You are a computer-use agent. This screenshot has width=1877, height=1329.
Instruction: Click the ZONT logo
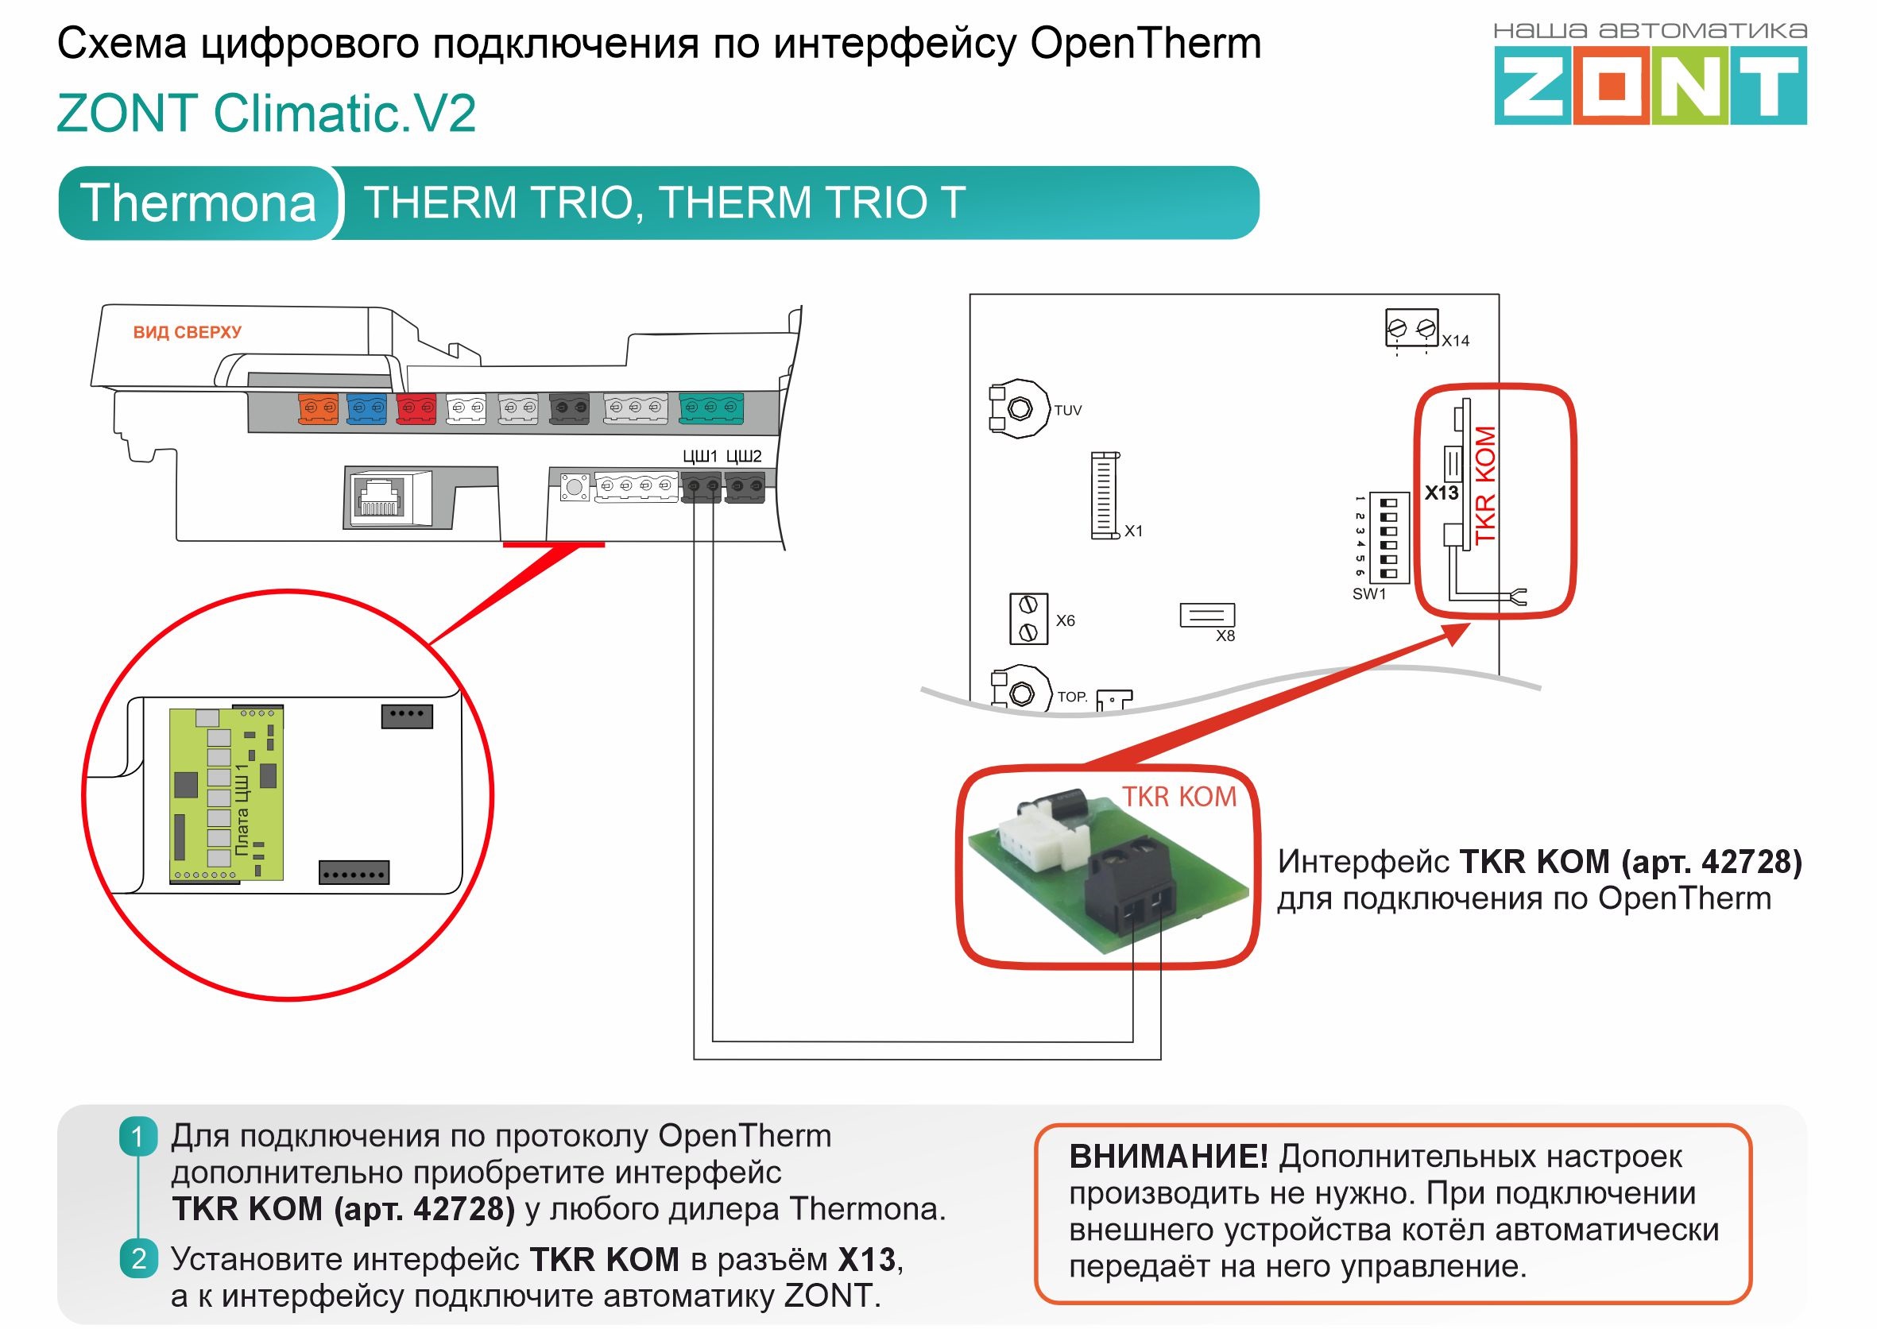[x=1650, y=84]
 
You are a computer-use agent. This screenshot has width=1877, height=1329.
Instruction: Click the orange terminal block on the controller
[x=319, y=408]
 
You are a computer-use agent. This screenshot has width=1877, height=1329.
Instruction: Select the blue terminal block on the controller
[x=366, y=408]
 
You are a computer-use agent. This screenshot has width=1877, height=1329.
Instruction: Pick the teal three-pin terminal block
[x=710, y=407]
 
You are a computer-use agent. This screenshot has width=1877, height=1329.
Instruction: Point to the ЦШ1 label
[x=700, y=456]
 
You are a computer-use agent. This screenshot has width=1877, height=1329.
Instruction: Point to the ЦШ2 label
[x=743, y=456]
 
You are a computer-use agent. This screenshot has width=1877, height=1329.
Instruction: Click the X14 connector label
[x=1456, y=341]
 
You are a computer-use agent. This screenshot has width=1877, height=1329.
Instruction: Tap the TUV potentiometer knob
[x=1020, y=408]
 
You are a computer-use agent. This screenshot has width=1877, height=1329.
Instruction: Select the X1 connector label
[x=1133, y=531]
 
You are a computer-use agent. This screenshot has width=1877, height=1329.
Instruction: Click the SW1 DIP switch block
[x=1388, y=538]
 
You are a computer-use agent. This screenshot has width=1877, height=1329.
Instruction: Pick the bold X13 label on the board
[x=1441, y=493]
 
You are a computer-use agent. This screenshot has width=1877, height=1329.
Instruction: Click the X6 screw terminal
[x=1028, y=619]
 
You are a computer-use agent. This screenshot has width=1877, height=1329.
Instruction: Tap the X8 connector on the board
[x=1206, y=615]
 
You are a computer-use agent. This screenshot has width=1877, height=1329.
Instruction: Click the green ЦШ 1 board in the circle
[x=226, y=794]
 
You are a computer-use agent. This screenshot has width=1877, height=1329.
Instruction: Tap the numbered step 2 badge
[x=138, y=1258]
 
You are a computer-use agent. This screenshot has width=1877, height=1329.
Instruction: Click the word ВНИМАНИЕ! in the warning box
[x=1168, y=1157]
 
